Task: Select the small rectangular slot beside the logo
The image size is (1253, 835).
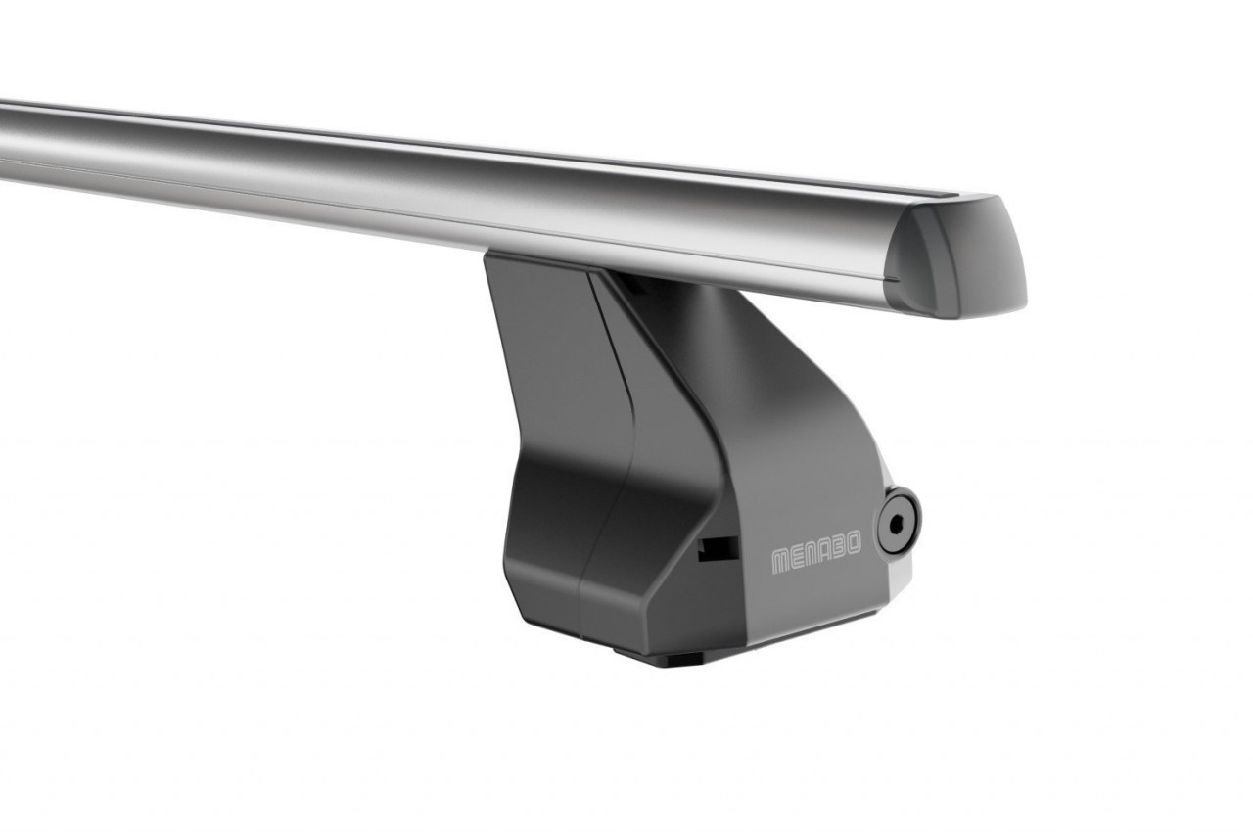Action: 718,550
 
